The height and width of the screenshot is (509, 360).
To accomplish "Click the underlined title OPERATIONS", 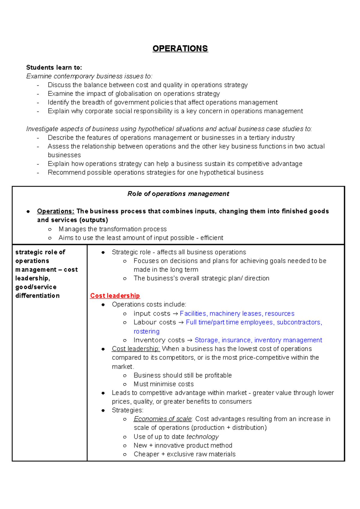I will pyautogui.click(x=180, y=49).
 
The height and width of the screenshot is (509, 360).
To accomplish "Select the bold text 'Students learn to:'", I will pyautogui.click(x=54, y=67).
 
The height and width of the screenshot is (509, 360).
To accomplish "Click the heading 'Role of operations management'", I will pyautogui.click(x=178, y=194).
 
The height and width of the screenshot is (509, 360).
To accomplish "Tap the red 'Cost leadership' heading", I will pyautogui.click(x=115, y=296).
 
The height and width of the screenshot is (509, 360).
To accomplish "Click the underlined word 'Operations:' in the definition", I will pyautogui.click(x=55, y=211).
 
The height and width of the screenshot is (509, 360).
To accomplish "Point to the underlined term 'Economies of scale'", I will pyautogui.click(x=162, y=419).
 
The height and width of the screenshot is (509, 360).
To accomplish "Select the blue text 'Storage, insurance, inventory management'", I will pyautogui.click(x=258, y=340).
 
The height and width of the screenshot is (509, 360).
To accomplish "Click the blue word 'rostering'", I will pyautogui.click(x=146, y=332).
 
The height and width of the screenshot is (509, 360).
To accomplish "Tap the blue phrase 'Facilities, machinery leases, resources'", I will pyautogui.click(x=237, y=314).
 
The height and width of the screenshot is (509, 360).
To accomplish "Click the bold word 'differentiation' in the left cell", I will pyautogui.click(x=37, y=296).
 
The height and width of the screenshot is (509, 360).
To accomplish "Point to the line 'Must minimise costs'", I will pyautogui.click(x=163, y=384).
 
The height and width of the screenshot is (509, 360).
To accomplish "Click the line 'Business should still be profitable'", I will pyautogui.click(x=182, y=375).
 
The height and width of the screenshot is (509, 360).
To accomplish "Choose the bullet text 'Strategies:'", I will pyautogui.click(x=127, y=410).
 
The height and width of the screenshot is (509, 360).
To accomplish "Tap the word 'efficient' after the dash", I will pyautogui.click(x=211, y=238).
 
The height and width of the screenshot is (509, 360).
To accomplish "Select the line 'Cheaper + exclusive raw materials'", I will pyautogui.click(x=184, y=454).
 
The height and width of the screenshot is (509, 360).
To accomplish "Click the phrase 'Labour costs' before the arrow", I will pyautogui.click(x=154, y=322).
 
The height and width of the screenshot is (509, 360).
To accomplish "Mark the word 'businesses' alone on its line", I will pyautogui.click(x=64, y=155).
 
